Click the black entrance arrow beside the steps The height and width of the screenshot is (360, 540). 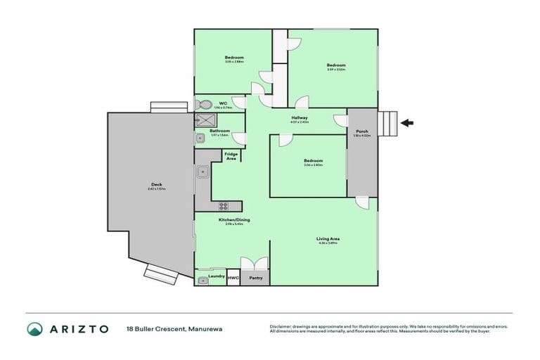click(407, 123)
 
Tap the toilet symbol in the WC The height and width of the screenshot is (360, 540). click(204, 104)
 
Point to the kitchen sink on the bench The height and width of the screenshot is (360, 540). click(202, 170)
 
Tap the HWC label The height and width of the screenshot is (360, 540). click(233, 277)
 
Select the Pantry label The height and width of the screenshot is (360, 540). click(255, 277)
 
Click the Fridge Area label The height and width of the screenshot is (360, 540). click(231, 156)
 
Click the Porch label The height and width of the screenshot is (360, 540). click(362, 131)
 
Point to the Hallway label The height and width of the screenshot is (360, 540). click(300, 117)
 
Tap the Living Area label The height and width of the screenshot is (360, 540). click(328, 239)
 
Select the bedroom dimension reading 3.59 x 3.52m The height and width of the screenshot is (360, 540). click(335, 70)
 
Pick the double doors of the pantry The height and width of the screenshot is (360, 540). click(255, 263)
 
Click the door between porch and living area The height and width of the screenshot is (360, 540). click(361, 202)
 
